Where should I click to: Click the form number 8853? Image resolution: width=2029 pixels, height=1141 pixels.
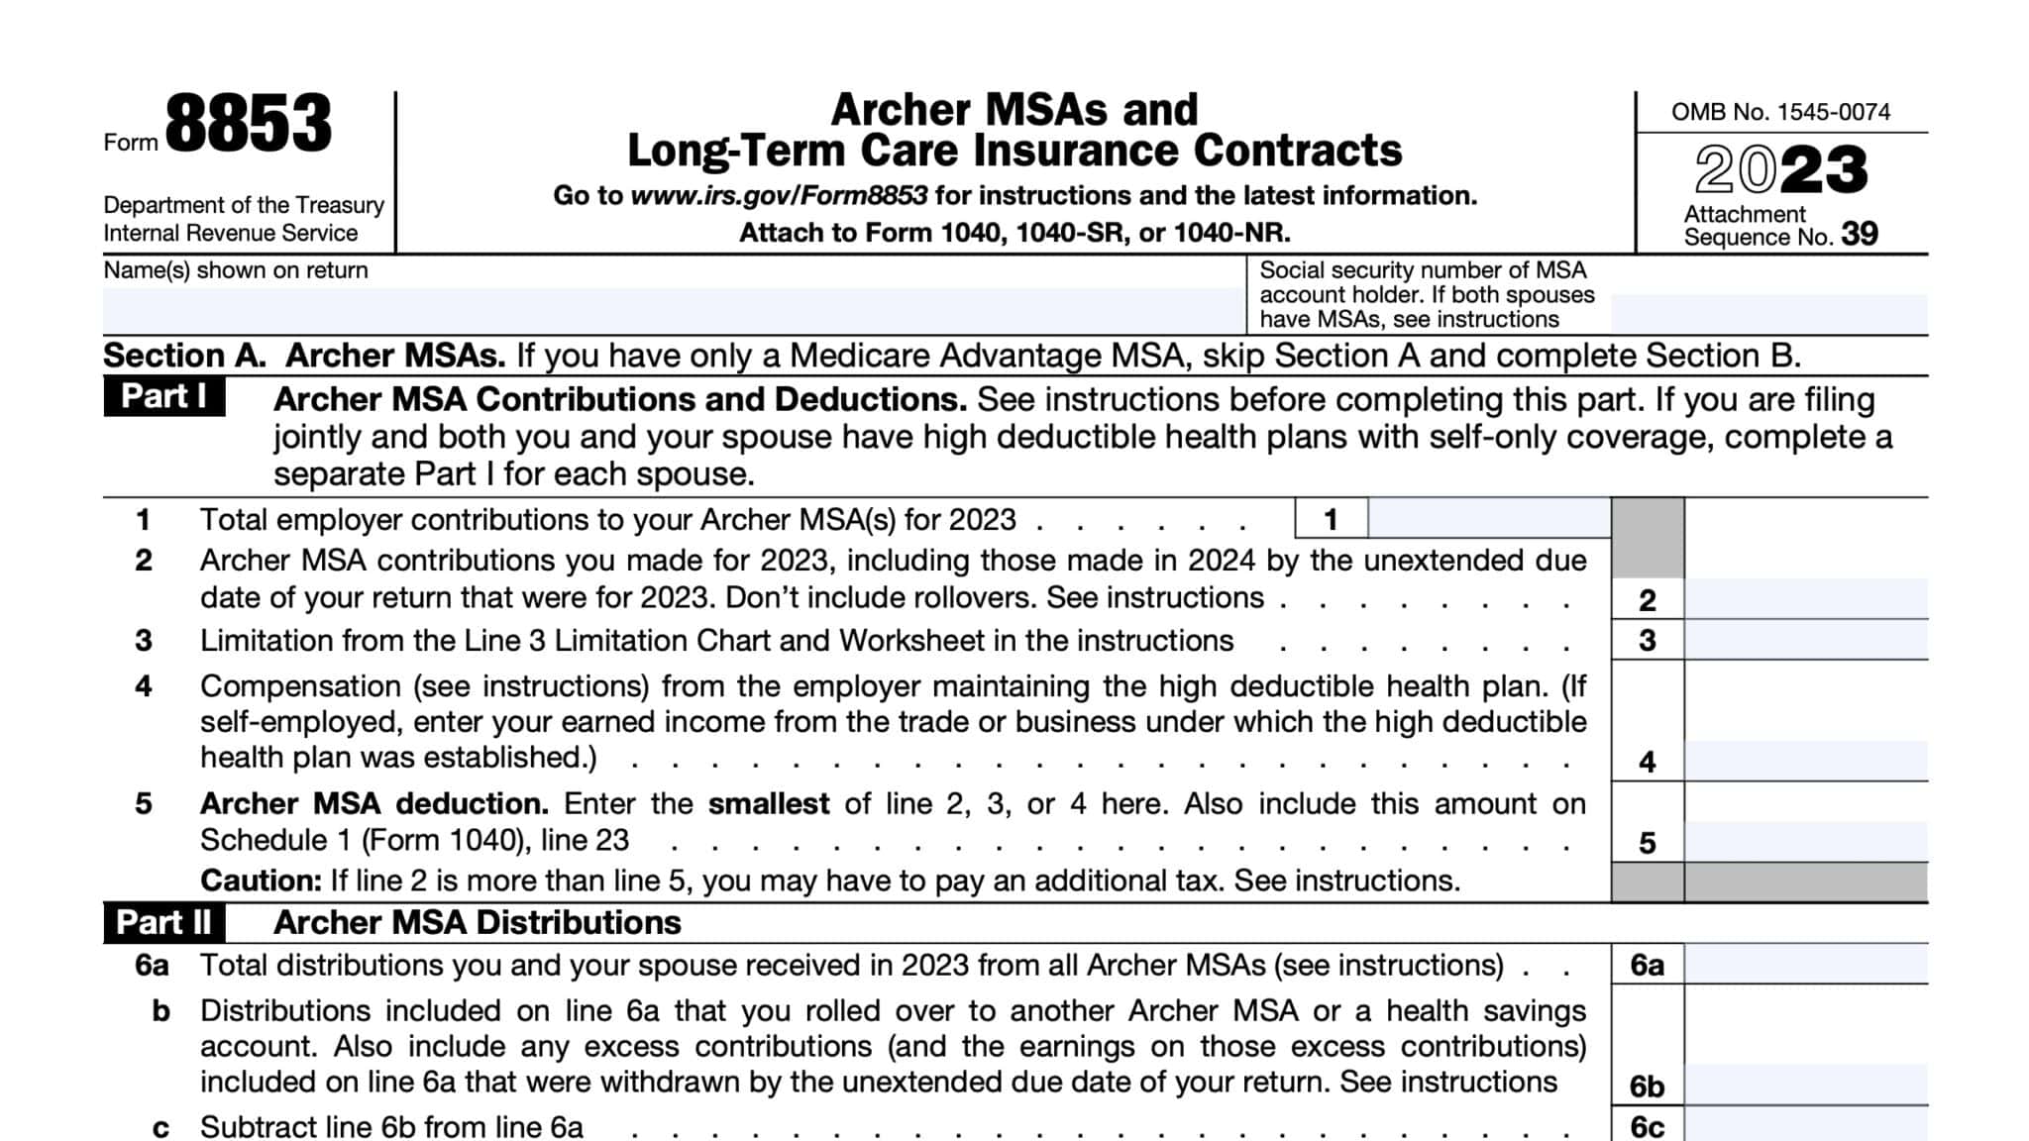coord(248,125)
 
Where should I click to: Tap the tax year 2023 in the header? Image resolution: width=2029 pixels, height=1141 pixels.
coord(1780,169)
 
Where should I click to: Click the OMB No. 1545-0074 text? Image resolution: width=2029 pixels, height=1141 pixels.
coord(1780,112)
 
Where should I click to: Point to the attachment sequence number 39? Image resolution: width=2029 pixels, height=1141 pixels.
coord(1859,234)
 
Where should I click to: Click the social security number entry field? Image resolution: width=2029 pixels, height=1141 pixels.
coord(1768,313)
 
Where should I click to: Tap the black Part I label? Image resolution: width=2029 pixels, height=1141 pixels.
coord(163,397)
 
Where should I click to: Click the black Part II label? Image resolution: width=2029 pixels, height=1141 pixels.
coord(163,923)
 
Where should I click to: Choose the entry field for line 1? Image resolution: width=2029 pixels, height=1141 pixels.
coord(1488,519)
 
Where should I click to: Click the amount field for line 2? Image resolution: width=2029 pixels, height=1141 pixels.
coord(1806,599)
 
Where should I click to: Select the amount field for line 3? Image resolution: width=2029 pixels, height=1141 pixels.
coord(1806,641)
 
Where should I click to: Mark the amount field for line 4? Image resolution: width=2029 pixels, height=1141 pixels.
coord(1806,761)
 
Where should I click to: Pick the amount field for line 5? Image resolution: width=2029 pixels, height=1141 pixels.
coord(1806,842)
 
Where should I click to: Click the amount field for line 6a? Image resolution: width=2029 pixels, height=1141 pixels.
coord(1806,964)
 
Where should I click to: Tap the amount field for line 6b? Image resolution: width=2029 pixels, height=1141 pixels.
coord(1806,1086)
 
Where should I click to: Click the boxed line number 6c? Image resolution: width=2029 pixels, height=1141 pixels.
coord(1647,1127)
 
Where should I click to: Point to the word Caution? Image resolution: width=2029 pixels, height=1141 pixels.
coord(260,881)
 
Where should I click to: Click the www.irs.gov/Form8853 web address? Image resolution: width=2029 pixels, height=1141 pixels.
coord(779,195)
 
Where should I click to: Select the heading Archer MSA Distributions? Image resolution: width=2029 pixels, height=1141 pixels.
coord(477,923)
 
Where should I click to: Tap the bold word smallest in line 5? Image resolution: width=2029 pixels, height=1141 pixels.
coord(768,803)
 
